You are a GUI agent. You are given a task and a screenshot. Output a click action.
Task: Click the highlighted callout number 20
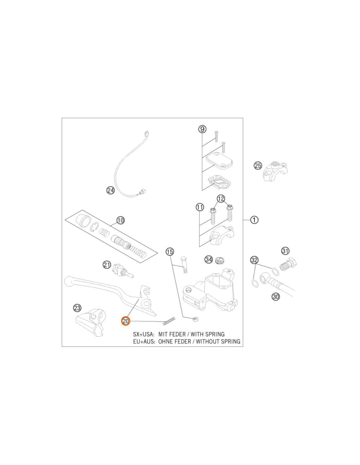pyautogui.click(x=125, y=321)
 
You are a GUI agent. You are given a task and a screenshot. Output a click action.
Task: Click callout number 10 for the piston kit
pyautogui.click(x=120, y=220)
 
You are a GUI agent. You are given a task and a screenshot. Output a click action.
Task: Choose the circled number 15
pyautogui.click(x=170, y=252)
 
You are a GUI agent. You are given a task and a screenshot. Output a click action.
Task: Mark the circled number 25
pyautogui.click(x=258, y=165)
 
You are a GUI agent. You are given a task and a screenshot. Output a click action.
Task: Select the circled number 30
pyautogui.click(x=276, y=297)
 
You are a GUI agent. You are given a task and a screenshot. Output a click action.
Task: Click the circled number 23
pyautogui.click(x=77, y=308)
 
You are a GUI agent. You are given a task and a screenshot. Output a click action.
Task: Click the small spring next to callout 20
pyautogui.click(x=169, y=321)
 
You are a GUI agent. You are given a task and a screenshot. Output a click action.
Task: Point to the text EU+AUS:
pyautogui.click(x=144, y=341)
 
